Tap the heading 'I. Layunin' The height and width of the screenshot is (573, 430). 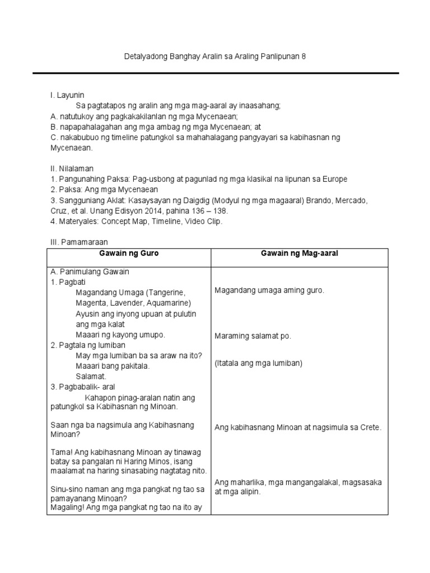[67, 96]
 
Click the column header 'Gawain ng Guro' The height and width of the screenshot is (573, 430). [129, 253]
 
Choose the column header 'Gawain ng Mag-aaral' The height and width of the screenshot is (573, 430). [300, 253]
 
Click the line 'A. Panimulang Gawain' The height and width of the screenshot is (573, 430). [90, 272]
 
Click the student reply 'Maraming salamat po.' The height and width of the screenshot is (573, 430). [253, 336]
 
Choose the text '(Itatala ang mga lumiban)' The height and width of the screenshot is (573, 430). [258, 363]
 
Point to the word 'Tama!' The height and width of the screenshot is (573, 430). [61, 452]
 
